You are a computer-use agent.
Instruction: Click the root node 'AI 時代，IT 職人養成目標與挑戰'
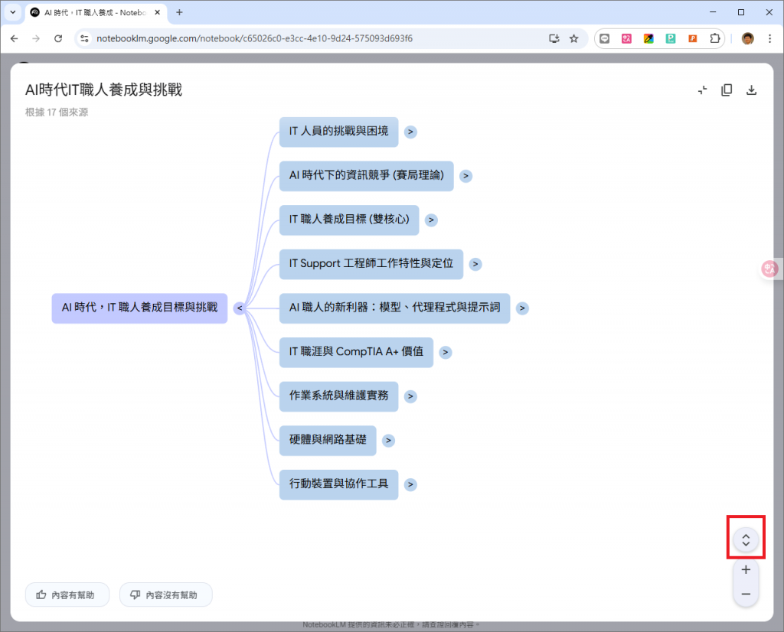point(139,308)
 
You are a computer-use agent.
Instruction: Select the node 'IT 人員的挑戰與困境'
point(338,132)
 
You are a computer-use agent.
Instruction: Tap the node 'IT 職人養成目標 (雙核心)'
point(348,220)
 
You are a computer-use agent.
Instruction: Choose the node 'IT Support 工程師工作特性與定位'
point(371,264)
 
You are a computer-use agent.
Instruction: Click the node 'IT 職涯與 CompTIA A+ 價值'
point(356,352)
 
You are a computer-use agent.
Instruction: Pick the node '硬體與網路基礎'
point(328,440)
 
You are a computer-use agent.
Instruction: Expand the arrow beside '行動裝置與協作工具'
point(411,484)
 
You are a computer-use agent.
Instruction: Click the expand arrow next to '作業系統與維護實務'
point(411,396)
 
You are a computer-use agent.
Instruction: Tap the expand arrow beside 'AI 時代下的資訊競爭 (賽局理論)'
point(465,176)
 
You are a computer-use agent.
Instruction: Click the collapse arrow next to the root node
point(240,308)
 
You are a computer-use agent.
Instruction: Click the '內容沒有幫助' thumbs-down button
point(165,595)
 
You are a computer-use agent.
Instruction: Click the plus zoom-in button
point(746,569)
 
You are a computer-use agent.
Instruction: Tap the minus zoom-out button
point(746,595)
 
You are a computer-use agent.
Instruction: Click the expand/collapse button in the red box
point(746,539)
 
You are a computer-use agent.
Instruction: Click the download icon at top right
point(752,90)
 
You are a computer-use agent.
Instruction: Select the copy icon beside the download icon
point(727,90)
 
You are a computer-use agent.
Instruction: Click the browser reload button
point(58,38)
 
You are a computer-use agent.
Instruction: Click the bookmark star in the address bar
point(573,38)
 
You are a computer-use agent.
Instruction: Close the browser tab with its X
point(158,12)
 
